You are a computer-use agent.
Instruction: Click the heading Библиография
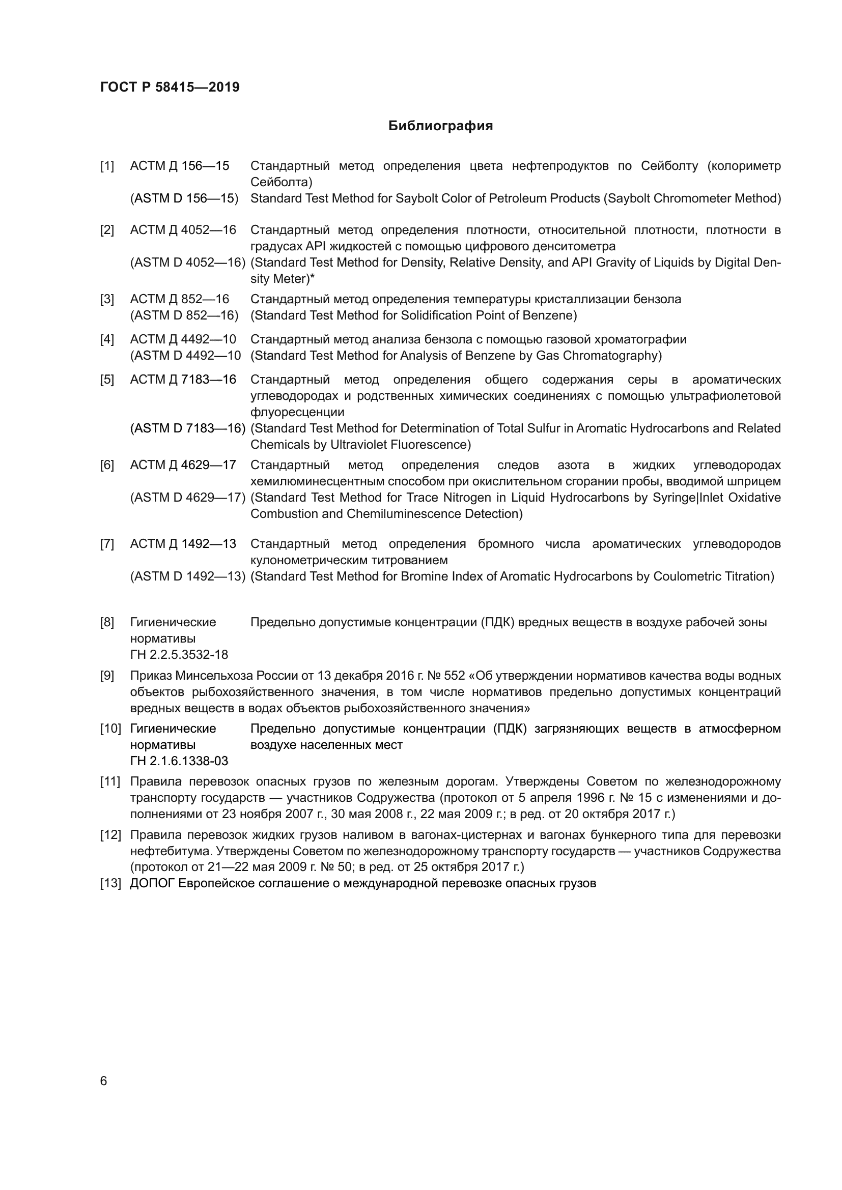(440, 126)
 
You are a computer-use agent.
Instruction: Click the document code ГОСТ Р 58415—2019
(170, 87)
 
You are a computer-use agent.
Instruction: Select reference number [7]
(107, 544)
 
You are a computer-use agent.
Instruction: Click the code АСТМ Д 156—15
(179, 166)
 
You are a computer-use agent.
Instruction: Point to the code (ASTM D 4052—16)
(187, 262)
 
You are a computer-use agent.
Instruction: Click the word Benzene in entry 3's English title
(552, 315)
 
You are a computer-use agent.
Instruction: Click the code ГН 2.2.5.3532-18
(179, 655)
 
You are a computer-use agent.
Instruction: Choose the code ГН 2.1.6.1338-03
(179, 761)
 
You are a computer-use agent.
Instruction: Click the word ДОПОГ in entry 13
(152, 883)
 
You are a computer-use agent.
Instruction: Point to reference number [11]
(110, 781)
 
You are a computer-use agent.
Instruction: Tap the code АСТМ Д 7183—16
(183, 380)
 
